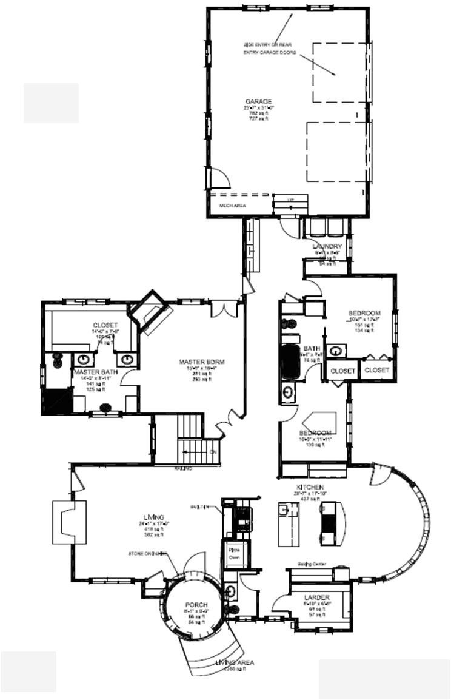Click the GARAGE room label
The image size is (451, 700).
(258, 101)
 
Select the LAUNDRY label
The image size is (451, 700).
(327, 246)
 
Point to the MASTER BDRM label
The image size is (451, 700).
(201, 362)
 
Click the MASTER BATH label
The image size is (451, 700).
(95, 371)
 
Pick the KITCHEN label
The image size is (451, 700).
(309, 488)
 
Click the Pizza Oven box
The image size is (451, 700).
(234, 553)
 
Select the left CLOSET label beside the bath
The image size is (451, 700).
(343, 371)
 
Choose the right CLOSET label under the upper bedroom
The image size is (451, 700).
(376, 369)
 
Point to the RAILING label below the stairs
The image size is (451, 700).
(184, 468)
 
